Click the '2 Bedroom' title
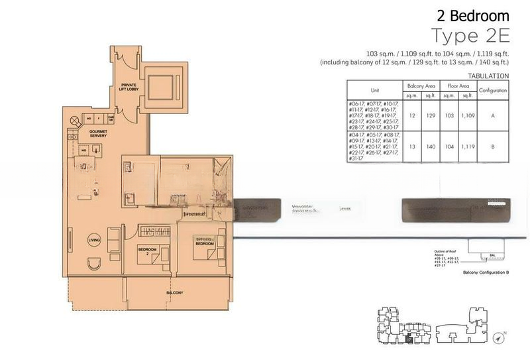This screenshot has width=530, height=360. tap(472, 15)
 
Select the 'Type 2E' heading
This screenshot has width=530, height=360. tap(470, 34)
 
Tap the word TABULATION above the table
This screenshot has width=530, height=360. tap(488, 76)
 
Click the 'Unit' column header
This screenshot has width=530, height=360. tap(374, 91)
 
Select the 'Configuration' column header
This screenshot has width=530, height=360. tap(493, 91)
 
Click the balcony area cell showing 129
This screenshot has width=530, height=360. tap(430, 115)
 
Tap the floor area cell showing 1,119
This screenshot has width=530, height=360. tap(468, 147)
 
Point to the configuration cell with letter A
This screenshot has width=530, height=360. tap(493, 115)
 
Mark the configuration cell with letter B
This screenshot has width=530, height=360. tap(493, 147)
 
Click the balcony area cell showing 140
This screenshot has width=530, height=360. tap(430, 147)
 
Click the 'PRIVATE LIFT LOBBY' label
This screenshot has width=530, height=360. tap(127, 86)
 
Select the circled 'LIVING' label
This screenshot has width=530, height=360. tap(95, 241)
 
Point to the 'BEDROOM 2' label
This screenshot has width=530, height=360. tap(146, 252)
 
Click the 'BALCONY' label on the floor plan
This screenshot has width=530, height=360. tap(174, 292)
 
